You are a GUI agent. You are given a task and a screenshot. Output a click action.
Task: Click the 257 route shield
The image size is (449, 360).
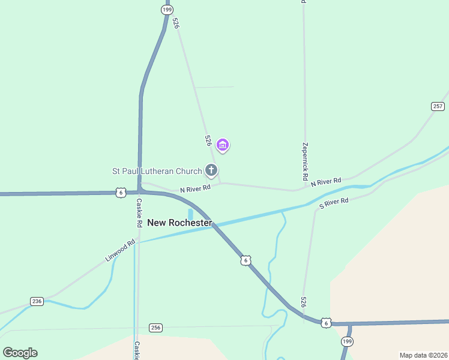(x=438, y=106)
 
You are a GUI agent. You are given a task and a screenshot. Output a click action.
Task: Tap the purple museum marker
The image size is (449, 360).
(x=223, y=145)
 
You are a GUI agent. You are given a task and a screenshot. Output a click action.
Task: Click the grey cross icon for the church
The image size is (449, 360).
(x=211, y=170)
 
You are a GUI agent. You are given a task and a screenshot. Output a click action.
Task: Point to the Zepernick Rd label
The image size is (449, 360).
(x=306, y=162)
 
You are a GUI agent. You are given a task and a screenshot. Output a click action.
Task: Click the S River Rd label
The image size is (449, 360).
(x=334, y=203)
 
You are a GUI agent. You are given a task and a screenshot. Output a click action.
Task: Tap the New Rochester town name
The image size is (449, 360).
(x=179, y=223)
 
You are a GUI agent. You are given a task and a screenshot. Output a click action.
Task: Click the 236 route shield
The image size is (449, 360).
(x=37, y=301)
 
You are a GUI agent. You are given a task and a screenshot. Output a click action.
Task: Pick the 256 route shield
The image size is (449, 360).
(x=156, y=328)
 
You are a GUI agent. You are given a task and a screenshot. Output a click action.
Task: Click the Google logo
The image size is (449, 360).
(x=20, y=353)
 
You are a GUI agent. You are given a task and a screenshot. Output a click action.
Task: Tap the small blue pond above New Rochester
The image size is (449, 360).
(x=190, y=214)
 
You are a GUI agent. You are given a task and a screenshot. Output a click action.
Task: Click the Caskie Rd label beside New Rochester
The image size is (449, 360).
(x=139, y=212)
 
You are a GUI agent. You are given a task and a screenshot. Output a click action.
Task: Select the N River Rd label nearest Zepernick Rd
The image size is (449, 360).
(x=326, y=181)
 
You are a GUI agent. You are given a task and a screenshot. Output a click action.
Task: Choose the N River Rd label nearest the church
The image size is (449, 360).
(x=196, y=188)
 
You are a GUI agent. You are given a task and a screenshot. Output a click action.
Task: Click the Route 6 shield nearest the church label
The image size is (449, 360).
(x=121, y=193)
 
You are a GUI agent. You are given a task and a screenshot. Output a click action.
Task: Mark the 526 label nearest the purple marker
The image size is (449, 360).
(x=208, y=140)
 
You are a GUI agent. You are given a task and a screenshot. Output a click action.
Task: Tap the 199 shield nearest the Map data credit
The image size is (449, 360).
(x=347, y=341)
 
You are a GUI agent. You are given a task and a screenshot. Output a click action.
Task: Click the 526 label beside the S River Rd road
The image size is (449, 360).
(x=304, y=302)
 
